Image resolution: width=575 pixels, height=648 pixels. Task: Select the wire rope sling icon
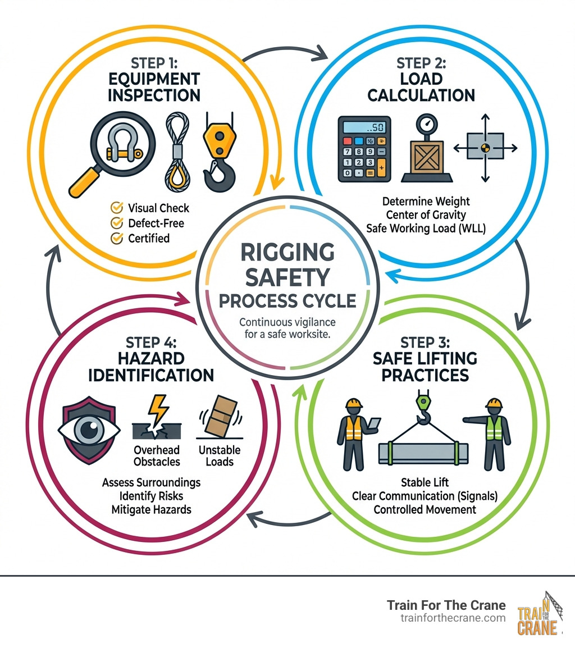pos(177,152)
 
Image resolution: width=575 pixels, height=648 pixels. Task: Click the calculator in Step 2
pos(364,149)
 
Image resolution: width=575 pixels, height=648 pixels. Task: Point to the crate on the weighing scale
pos(427,157)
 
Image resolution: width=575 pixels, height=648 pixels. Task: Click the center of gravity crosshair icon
pos(485,148)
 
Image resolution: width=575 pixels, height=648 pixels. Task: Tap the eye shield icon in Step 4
pos(89,430)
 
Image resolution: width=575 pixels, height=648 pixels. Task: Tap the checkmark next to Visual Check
pos(117,207)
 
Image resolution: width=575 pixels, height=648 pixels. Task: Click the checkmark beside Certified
pos(117,238)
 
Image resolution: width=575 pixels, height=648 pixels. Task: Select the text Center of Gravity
pos(426,215)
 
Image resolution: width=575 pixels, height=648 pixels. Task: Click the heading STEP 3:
pos(425,343)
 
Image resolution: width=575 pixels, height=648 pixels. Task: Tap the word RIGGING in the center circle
pos(287,252)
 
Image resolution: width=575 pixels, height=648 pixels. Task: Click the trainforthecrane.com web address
pos(453,618)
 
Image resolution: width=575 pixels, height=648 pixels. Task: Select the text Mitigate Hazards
pos(151,509)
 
